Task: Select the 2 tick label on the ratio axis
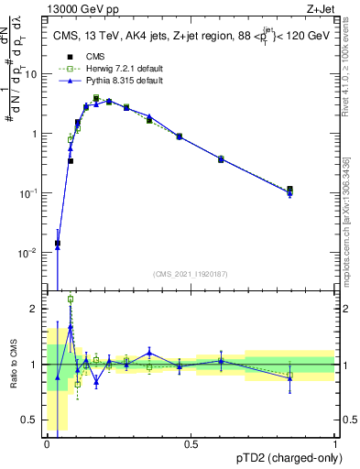click(x=36, y=309)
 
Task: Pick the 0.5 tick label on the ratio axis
click(x=32, y=420)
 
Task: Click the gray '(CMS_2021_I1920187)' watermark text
click(x=191, y=273)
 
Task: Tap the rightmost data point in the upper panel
click(x=289, y=191)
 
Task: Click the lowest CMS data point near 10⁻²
click(x=58, y=244)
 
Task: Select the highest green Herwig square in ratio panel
click(x=71, y=299)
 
